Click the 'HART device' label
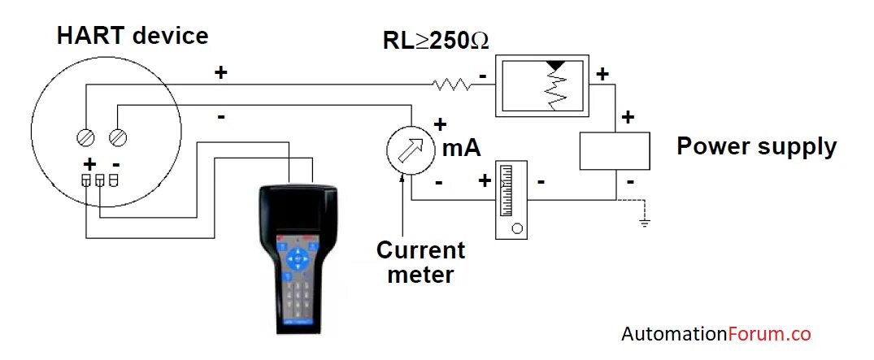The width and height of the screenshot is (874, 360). [133, 36]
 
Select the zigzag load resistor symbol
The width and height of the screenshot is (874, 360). [453, 83]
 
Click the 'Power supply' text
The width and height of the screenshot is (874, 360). [756, 146]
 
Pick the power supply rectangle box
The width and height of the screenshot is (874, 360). [614, 150]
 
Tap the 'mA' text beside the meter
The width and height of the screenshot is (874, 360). [461, 148]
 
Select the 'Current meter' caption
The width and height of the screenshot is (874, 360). [420, 262]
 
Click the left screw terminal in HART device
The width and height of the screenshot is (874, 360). [85, 137]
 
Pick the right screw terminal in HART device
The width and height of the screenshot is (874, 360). [118, 137]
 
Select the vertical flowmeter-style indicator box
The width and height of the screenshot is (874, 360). [511, 199]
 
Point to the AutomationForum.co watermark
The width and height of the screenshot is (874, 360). [716, 334]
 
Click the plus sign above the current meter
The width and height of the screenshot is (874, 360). [441, 124]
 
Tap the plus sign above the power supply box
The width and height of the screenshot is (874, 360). [628, 117]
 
